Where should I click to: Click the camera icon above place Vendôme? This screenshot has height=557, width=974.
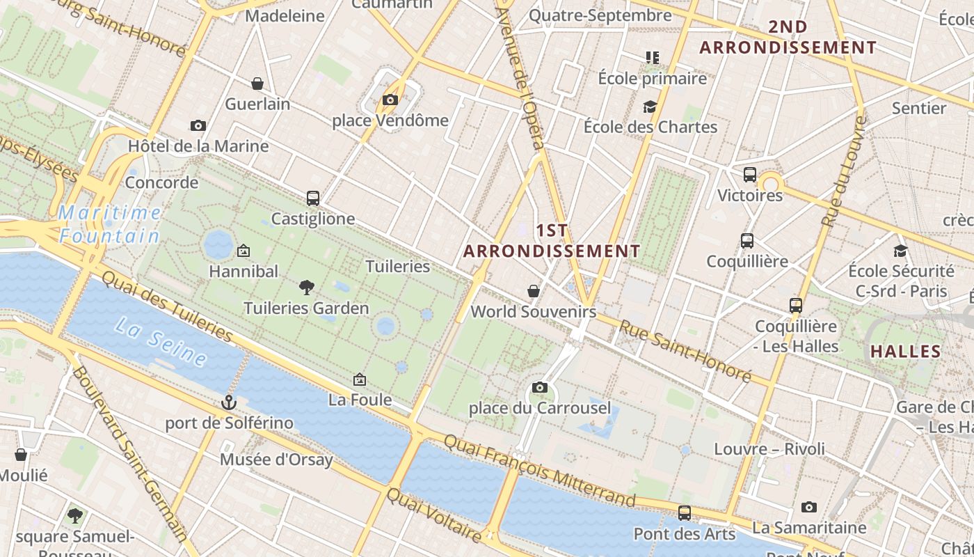[x=390, y=100]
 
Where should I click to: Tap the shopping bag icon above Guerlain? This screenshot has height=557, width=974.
[x=257, y=84]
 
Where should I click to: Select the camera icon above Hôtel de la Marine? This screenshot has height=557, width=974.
[x=198, y=126]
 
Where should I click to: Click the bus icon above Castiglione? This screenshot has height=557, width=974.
[x=313, y=198]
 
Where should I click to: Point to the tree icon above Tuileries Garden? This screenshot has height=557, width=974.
[x=306, y=287]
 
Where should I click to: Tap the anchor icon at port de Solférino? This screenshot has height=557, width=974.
[x=229, y=402]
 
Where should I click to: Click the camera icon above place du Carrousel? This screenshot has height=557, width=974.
[x=539, y=388]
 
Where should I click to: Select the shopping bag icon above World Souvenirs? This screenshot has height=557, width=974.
[x=534, y=291]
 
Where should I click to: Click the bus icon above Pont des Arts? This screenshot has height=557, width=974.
[x=685, y=513]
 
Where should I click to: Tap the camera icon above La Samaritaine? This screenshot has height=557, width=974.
[x=808, y=507]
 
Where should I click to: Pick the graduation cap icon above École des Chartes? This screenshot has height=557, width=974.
[x=650, y=107]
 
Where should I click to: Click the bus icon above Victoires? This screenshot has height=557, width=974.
[x=750, y=175]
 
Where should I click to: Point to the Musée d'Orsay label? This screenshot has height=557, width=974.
[x=276, y=460]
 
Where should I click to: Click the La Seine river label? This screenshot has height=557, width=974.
[x=161, y=342]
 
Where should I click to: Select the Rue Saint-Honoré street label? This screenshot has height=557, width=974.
[x=685, y=352]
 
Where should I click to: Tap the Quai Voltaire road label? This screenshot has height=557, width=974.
[x=433, y=516]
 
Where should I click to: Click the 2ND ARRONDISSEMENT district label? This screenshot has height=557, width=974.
[x=788, y=38]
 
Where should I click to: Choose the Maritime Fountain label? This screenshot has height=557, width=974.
[x=109, y=223]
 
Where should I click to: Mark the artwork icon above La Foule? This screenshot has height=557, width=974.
[x=360, y=379]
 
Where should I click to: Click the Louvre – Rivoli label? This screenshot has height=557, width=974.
[x=769, y=449]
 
